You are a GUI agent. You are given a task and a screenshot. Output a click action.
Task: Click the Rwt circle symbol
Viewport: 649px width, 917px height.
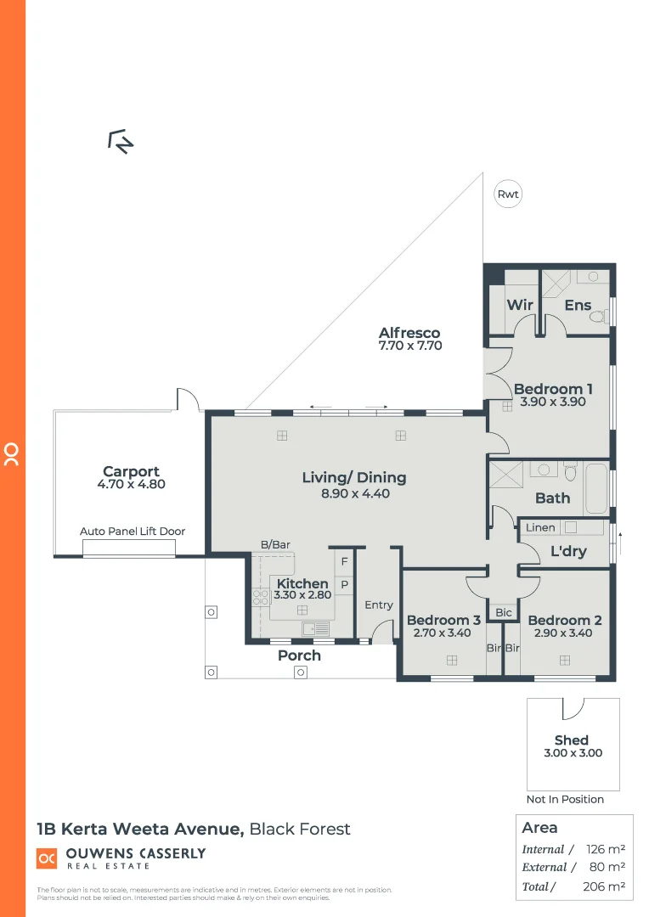click(x=508, y=194)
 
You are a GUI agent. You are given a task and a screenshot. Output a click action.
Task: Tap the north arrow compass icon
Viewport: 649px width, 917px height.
click(x=121, y=142)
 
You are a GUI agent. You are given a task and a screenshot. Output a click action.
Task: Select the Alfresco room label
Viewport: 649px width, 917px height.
click(x=409, y=333)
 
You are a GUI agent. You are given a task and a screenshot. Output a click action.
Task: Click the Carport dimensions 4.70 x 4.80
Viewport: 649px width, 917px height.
click(x=131, y=485)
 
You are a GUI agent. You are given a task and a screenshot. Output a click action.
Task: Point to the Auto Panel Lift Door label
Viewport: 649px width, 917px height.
click(x=133, y=532)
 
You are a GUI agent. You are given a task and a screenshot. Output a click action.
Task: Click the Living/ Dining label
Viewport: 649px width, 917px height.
click(x=354, y=477)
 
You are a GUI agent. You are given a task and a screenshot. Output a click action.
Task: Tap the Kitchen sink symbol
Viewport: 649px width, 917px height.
click(x=316, y=628)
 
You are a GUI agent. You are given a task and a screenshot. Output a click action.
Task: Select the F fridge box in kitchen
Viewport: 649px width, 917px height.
click(x=345, y=561)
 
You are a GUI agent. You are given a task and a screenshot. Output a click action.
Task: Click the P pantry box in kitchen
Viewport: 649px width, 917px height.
click(x=345, y=585)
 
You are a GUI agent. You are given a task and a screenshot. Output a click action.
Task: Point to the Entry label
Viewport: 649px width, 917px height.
click(x=379, y=605)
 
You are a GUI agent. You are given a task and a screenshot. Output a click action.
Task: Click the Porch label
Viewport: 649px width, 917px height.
click(x=300, y=655)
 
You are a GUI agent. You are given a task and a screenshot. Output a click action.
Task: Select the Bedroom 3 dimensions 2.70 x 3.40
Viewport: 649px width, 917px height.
click(x=443, y=633)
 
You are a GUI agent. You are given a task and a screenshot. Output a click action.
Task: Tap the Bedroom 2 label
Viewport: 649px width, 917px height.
click(x=564, y=620)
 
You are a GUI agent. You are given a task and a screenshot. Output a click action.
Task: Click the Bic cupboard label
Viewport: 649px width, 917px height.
click(x=504, y=612)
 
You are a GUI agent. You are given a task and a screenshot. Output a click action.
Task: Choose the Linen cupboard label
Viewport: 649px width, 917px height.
click(x=540, y=527)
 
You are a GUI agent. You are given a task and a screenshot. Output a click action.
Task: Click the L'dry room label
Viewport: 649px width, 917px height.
click(x=568, y=551)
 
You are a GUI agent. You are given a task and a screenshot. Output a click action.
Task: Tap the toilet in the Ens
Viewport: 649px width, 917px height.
click(x=599, y=316)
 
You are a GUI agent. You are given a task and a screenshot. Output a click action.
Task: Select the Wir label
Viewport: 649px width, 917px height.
click(x=519, y=305)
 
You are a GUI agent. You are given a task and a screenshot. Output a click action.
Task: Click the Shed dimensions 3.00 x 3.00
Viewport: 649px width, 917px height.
click(x=571, y=753)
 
